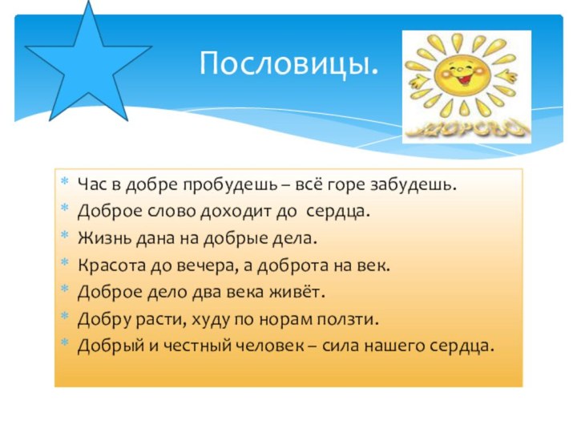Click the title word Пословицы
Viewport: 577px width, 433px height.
click(x=289, y=63)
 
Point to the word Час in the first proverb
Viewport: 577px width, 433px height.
click(x=90, y=184)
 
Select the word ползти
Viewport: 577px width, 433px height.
click(x=352, y=320)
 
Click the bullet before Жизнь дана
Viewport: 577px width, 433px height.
click(x=65, y=239)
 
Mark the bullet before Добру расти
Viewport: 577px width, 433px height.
click(x=65, y=320)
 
